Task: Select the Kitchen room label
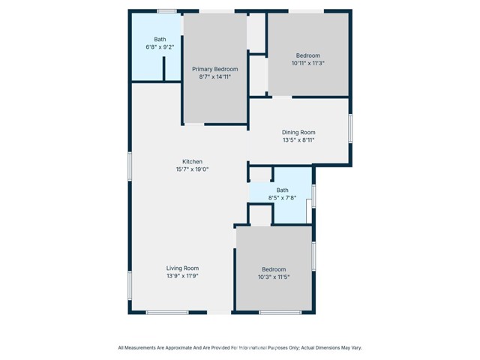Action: (192, 162)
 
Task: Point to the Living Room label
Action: (182, 268)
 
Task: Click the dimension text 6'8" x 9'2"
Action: (159, 47)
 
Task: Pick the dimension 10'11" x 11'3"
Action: (307, 63)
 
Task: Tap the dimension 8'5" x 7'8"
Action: (282, 198)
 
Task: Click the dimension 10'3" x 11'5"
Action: (274, 277)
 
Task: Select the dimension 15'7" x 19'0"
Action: (192, 169)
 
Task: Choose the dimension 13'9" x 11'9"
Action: (182, 275)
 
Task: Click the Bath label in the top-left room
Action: (160, 40)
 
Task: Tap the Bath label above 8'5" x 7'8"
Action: (282, 190)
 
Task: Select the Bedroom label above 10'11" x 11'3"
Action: (307, 55)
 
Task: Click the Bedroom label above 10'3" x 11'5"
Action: (274, 270)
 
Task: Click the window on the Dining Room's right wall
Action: (350, 128)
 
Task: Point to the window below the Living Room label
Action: (167, 312)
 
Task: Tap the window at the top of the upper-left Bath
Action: (166, 11)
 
